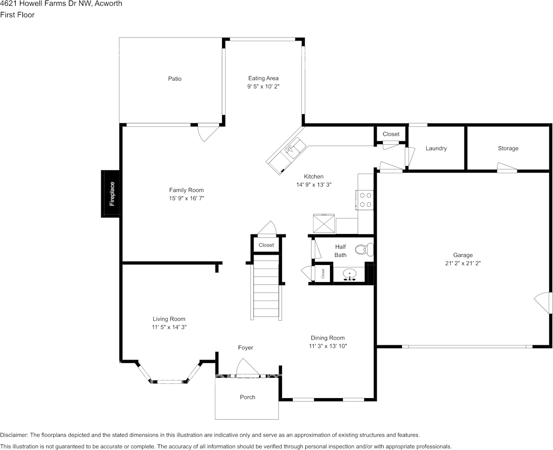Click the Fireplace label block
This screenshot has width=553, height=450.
click(x=110, y=194)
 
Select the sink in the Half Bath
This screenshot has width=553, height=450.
click(x=350, y=274)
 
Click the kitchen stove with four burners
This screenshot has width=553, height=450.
click(x=366, y=199)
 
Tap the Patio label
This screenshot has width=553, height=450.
click(x=175, y=78)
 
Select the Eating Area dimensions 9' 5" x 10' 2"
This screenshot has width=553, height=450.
click(x=263, y=87)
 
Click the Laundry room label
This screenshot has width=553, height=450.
click(x=436, y=148)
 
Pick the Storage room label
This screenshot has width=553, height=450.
click(x=508, y=148)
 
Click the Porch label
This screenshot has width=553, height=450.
click(x=247, y=397)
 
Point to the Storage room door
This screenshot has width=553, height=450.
click(x=507, y=167)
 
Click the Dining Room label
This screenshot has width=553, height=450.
click(x=328, y=338)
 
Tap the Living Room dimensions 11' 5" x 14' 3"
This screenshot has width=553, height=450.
click(x=169, y=327)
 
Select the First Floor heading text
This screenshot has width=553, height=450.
click(x=18, y=15)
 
